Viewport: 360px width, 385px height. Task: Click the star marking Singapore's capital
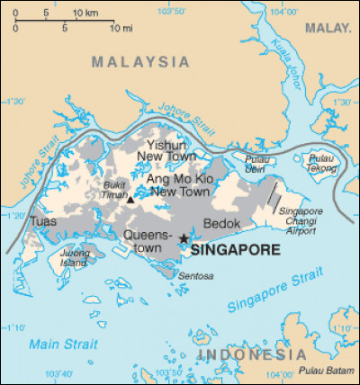coord(184,238)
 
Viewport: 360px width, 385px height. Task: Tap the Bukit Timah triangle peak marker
coord(130,200)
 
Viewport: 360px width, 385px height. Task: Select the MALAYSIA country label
coord(140,62)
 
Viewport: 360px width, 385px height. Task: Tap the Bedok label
coord(221,221)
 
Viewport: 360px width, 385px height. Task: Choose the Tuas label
coord(42,220)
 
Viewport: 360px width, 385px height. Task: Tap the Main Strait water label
coord(56,345)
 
